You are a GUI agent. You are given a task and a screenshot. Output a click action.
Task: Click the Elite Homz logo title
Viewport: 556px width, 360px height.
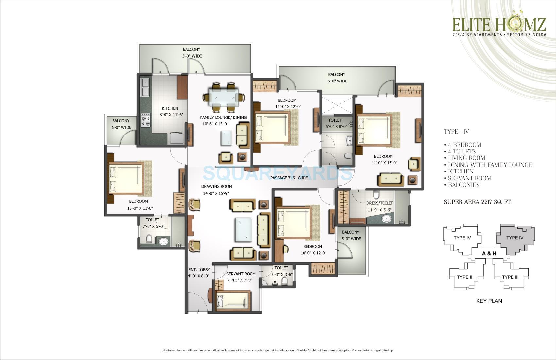tap(499, 24)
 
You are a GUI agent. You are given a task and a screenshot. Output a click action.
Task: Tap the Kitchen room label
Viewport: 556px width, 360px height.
tap(170, 108)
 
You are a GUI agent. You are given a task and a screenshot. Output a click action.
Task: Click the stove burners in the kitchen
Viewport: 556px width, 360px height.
tap(146, 120)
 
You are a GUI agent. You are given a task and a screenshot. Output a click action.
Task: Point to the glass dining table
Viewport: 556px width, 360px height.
tap(224, 97)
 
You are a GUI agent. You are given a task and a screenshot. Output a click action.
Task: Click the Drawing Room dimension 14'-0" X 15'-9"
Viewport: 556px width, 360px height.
tap(216, 193)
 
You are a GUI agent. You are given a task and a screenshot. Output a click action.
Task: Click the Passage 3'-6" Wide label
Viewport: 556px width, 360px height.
tap(289, 178)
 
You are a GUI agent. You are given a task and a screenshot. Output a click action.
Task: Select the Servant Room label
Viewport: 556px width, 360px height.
tap(241, 274)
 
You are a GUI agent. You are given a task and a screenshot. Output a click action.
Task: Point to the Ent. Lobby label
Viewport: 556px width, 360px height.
tap(199, 270)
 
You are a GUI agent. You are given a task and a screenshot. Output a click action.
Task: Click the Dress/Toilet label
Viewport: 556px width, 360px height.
tap(379, 203)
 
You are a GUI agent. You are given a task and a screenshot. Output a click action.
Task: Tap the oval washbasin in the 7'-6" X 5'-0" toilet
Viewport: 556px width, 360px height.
tap(163, 242)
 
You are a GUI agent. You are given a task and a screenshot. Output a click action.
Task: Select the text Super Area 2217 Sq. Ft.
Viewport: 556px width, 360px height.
tap(477, 202)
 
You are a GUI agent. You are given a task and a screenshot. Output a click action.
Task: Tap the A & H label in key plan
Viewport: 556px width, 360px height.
tap(489, 253)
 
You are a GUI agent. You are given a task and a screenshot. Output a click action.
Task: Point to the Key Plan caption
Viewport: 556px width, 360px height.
tap(489, 301)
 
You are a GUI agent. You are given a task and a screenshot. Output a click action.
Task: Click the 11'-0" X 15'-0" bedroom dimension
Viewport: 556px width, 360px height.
tap(384, 163)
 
